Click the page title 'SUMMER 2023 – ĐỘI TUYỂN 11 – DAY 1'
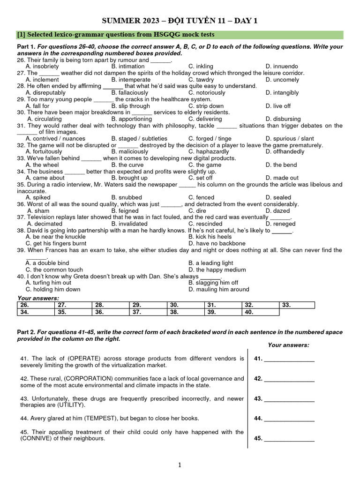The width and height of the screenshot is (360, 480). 180,21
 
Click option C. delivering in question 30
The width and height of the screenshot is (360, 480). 205,119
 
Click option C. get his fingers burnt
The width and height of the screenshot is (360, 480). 56,244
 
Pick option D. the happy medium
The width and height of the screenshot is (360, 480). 217,270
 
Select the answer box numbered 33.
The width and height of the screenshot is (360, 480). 297,305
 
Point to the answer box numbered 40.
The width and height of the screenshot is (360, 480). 261,312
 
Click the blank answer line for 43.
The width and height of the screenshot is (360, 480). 289,399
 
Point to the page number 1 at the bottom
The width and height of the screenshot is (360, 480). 180,465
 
